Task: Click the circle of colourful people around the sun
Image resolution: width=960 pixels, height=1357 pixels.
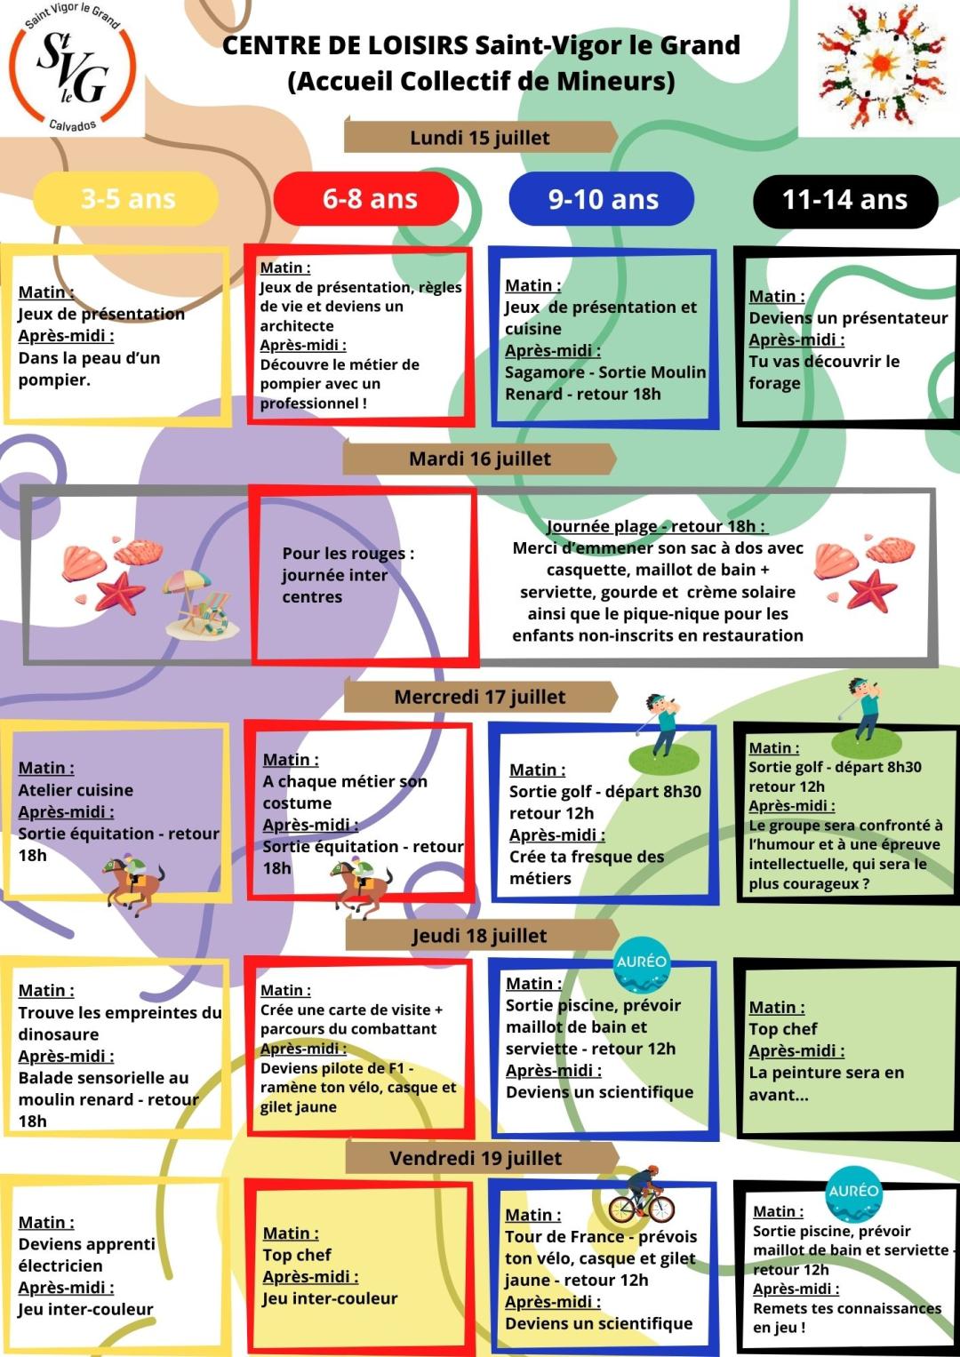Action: (881, 65)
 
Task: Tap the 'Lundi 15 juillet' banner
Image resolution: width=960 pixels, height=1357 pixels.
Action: (480, 138)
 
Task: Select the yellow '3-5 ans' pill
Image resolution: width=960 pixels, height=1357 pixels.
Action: (127, 199)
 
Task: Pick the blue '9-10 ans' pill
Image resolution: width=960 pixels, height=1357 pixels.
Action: (603, 199)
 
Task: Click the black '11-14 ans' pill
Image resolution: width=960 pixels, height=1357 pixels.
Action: (844, 200)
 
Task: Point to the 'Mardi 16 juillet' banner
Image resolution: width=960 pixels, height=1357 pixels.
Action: (480, 459)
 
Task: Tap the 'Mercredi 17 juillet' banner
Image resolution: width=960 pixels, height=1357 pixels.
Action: (480, 697)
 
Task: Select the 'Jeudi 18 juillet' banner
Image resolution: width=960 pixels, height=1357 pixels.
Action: (480, 935)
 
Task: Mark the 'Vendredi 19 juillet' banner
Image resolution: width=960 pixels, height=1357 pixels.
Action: (476, 1158)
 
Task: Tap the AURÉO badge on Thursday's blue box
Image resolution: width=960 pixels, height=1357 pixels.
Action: (642, 964)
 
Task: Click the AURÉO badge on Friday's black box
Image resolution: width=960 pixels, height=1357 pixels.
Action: (852, 1193)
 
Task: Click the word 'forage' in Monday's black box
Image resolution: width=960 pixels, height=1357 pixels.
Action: (774, 383)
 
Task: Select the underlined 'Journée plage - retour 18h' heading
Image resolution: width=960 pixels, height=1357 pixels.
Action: (655, 526)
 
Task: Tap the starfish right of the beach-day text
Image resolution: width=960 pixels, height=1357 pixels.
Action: (871, 590)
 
